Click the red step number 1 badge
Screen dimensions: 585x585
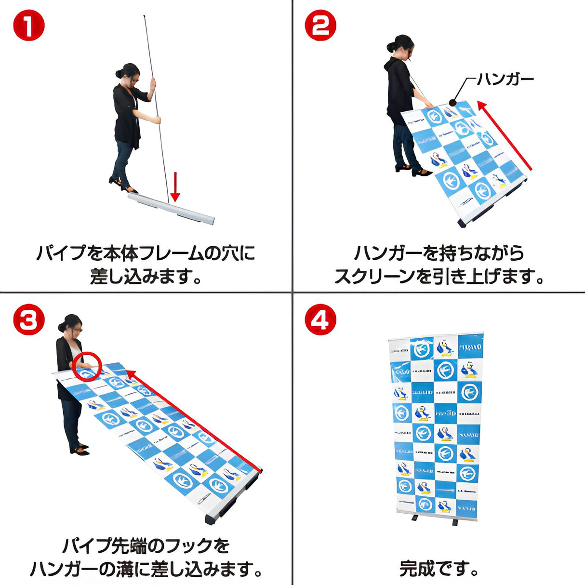[28, 26]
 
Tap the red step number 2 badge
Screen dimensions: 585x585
[320, 26]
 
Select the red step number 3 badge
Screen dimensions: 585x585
[28, 320]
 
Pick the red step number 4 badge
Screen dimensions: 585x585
[320, 320]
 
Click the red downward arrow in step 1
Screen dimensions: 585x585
[175, 187]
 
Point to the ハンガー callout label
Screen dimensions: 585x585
[505, 79]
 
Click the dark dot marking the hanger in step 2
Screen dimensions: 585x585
[452, 103]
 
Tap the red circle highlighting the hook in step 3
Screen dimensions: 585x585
[87, 367]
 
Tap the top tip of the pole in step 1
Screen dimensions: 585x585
[144, 17]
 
